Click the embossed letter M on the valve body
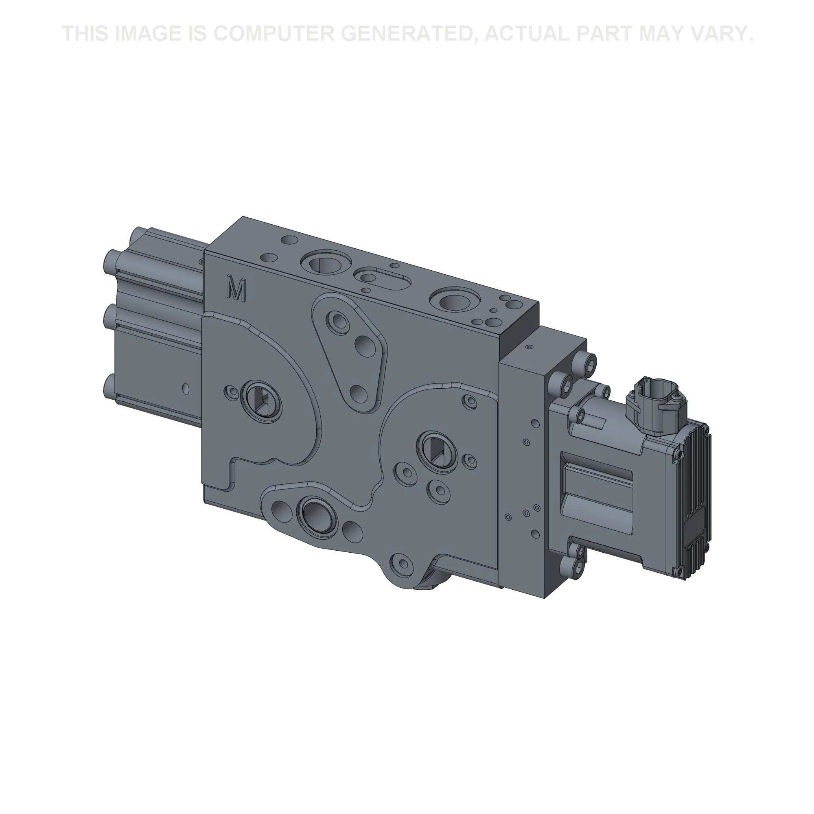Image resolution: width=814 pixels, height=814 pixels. [x=236, y=289]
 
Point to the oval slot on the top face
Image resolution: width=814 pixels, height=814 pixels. [x=381, y=278]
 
